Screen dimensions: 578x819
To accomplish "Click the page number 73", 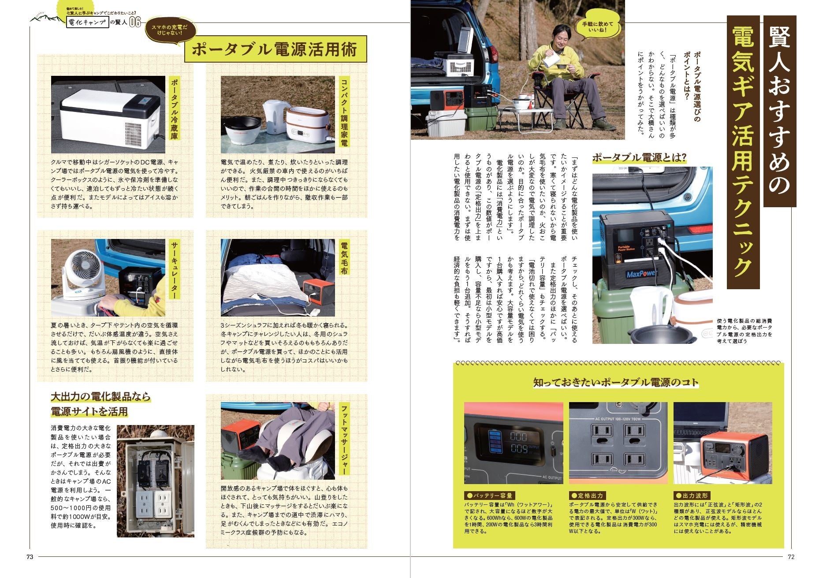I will (x=30, y=556).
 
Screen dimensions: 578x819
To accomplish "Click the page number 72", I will (x=791, y=556).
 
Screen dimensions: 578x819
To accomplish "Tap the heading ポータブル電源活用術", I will (x=275, y=49).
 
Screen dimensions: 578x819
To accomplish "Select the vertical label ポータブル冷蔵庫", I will (x=175, y=108).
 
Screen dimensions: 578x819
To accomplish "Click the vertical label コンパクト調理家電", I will (x=344, y=112).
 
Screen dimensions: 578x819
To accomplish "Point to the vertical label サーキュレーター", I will (x=175, y=269).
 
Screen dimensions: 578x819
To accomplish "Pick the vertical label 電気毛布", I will (x=344, y=257).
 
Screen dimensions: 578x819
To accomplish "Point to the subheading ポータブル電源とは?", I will (x=639, y=157).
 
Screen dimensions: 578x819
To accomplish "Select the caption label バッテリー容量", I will (x=490, y=496).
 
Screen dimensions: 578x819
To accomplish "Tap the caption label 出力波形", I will (x=692, y=496).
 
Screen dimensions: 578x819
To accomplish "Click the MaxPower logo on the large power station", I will (x=641, y=274).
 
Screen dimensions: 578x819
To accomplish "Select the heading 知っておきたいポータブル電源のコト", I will (x=616, y=382).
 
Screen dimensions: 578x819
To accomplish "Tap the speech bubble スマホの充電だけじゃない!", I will (x=169, y=30).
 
